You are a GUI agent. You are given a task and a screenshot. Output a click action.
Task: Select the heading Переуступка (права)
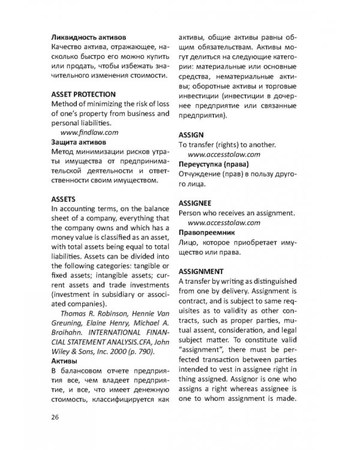(214, 164)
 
